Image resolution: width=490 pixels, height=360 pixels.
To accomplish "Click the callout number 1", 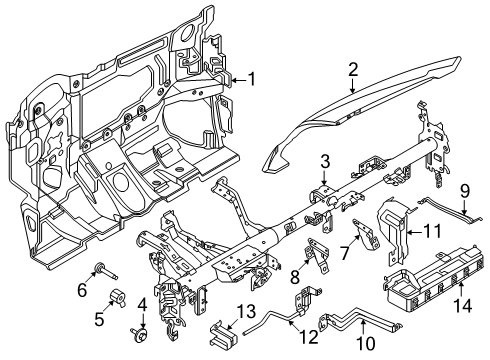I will [x=252, y=78].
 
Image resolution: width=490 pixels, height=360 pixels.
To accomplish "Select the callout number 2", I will [x=353, y=69].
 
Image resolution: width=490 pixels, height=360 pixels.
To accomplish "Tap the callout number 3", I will [x=325, y=162].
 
